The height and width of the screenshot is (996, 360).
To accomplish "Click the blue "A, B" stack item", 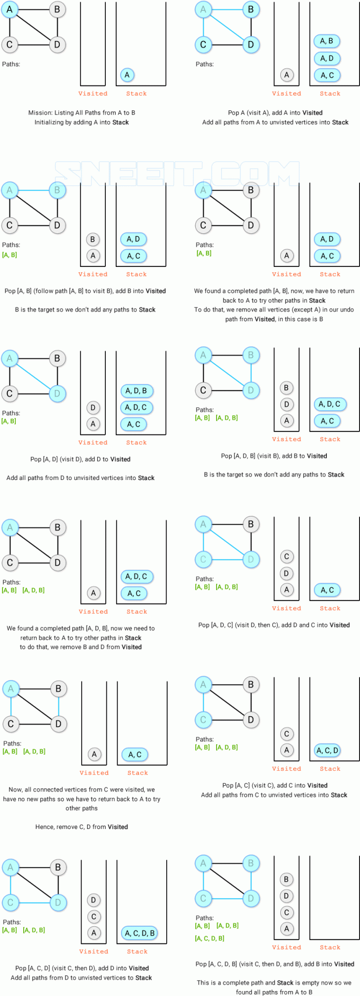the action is click(327, 41).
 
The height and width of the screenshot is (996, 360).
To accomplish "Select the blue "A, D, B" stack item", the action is click(136, 391).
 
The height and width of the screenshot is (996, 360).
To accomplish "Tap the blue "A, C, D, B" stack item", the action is click(139, 933).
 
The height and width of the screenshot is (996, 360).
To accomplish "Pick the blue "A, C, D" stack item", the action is click(327, 750).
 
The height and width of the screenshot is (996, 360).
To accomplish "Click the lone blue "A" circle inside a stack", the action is click(127, 75).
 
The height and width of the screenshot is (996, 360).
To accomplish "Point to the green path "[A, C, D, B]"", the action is click(210, 938).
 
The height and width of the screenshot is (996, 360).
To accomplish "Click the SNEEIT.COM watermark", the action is click(180, 173).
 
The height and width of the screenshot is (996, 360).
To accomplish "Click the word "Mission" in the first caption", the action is click(40, 113).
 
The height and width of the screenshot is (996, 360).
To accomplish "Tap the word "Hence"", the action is click(45, 826).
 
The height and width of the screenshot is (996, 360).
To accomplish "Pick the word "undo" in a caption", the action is click(347, 309).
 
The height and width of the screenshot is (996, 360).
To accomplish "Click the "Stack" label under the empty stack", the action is click(330, 947).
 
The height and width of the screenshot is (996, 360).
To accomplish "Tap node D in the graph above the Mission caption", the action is click(57, 45).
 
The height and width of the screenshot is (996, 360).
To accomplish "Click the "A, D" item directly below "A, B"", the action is click(327, 58).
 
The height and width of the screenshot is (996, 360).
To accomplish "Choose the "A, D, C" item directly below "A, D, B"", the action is click(136, 407).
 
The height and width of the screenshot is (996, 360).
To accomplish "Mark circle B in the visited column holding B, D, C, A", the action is click(286, 879).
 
